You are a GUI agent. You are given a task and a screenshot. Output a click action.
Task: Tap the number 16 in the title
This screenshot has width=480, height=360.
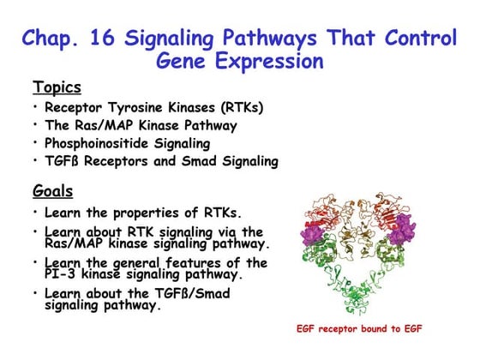coord(107,39)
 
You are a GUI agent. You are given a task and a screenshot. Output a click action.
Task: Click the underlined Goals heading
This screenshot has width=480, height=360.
coord(52,190)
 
